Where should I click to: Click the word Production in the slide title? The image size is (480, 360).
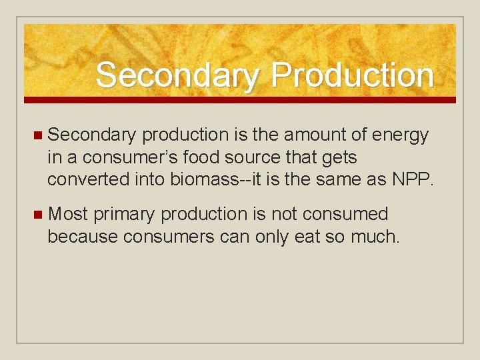tap(352, 75)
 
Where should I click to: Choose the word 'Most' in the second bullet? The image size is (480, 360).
tap(68, 214)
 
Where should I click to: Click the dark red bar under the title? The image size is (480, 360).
tap(240, 99)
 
